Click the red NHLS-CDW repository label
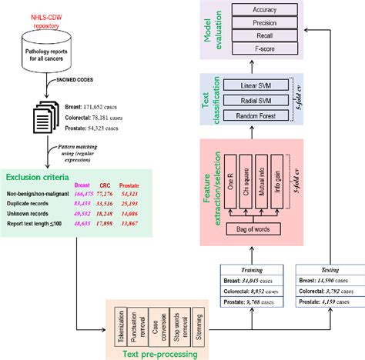point(45,8)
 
